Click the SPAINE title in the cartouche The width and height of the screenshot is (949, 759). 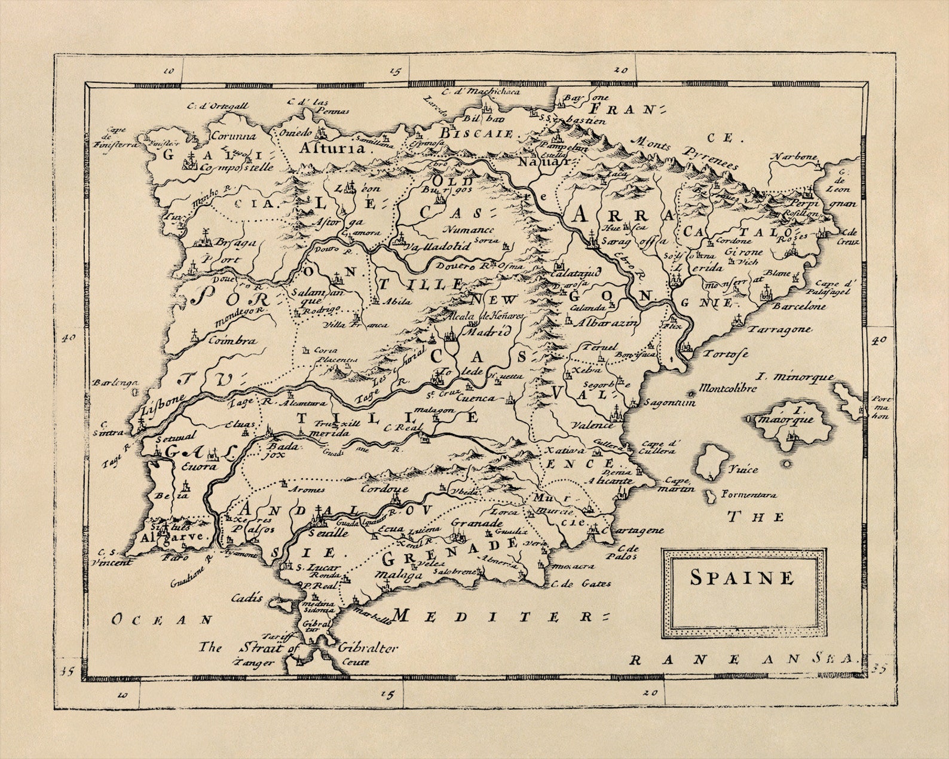tap(742, 578)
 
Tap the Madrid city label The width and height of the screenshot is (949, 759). tap(488, 330)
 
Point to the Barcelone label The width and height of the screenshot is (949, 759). tap(798, 306)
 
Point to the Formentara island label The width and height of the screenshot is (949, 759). tap(749, 495)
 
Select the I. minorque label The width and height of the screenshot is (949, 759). tap(795, 377)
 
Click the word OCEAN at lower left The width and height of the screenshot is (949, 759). tap(162, 620)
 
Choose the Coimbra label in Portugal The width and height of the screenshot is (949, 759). tap(232, 341)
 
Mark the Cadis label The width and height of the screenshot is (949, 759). tap(247, 597)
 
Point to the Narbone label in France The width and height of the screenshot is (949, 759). tap(793, 157)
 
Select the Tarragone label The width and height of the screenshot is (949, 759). tap(780, 329)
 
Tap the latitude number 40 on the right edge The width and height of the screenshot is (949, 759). tap(878, 340)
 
